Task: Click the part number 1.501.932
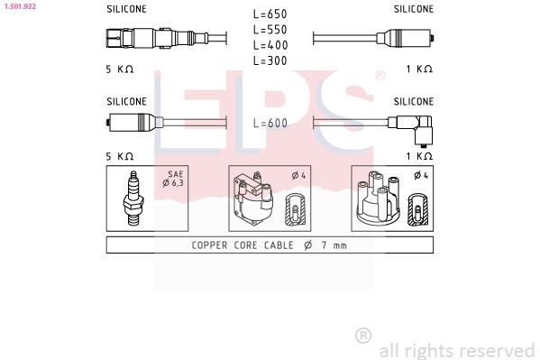click(19, 6)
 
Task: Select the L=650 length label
click(270, 14)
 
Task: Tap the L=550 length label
click(270, 30)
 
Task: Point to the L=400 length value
click(270, 45)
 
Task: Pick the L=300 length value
click(270, 60)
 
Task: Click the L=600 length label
click(270, 124)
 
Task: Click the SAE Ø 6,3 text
click(175, 179)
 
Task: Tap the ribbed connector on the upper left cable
click(144, 39)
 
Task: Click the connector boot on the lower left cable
click(131, 124)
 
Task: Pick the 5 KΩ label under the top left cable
click(119, 69)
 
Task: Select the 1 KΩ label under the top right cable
click(418, 69)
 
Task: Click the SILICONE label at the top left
click(126, 9)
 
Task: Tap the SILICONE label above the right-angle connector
click(413, 101)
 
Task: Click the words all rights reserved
click(456, 350)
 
